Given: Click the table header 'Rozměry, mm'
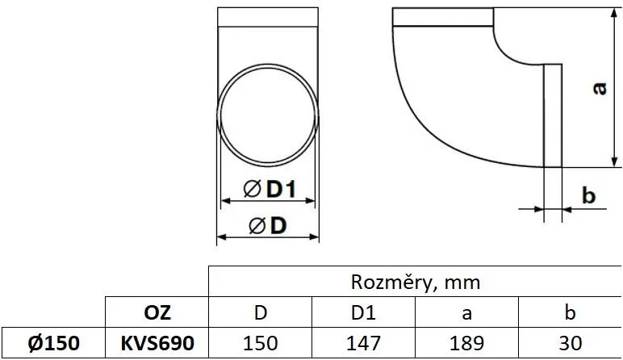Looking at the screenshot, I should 416,282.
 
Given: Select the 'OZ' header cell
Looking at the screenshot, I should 157,312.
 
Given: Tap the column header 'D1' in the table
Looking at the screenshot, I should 364,312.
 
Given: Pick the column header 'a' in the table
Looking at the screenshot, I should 467,312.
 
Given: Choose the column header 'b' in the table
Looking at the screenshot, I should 570,312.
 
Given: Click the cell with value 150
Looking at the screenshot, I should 261,343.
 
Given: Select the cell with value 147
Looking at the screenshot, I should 364,343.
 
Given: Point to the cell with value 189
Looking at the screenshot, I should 467,343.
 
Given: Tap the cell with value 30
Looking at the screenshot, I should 570,343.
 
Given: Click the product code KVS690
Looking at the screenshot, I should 157,343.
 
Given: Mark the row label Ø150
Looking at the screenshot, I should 52,343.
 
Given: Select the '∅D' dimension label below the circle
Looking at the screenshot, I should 268,227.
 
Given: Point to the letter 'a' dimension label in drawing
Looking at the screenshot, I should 598,88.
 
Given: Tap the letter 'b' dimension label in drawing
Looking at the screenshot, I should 588,195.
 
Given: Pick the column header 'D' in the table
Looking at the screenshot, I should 261,312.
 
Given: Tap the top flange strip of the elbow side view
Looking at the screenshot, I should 443,18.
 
